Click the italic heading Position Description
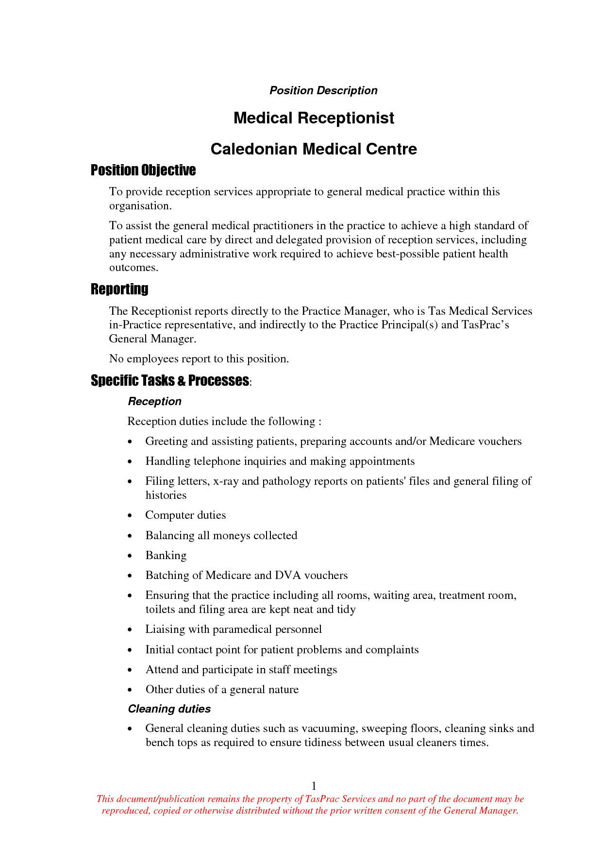tap(323, 90)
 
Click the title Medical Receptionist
tap(314, 118)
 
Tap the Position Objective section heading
tap(143, 170)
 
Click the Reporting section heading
tap(119, 289)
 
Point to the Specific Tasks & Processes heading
tap(170, 380)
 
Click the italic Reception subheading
tap(154, 401)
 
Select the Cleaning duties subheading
tap(169, 709)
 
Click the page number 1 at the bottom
tap(314, 786)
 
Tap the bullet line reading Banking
tap(166, 555)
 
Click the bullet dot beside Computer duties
tap(130, 516)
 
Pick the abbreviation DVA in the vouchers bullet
tap(288, 575)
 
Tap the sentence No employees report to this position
tap(199, 358)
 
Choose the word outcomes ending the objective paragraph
tap(134, 268)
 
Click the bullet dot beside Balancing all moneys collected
tap(130, 536)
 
